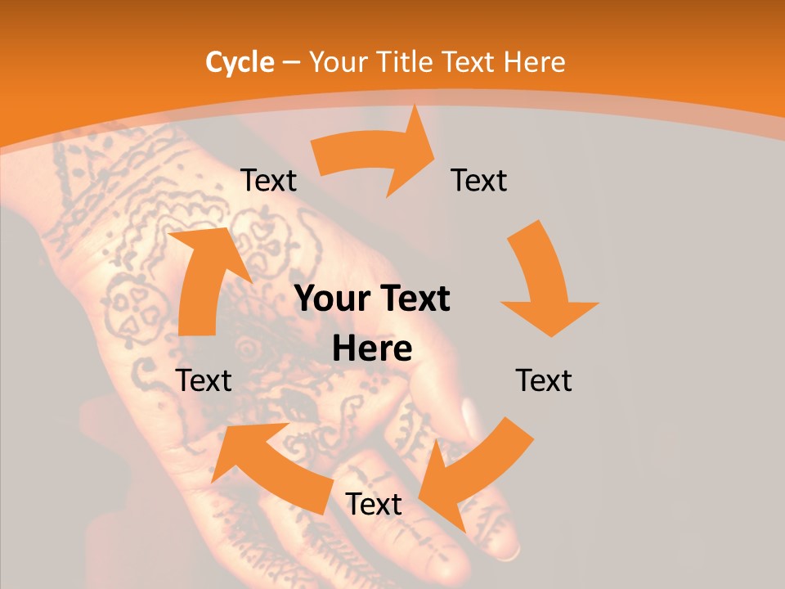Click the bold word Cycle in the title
click(240, 62)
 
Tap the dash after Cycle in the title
click(291, 62)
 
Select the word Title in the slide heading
click(408, 62)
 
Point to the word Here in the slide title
click(534, 62)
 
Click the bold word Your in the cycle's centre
click(331, 299)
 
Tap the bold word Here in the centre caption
click(372, 349)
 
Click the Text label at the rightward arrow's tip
click(479, 181)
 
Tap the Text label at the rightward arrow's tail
click(268, 181)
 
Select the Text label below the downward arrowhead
click(544, 380)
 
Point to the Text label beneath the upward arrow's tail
click(204, 380)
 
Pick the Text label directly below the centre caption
click(373, 504)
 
